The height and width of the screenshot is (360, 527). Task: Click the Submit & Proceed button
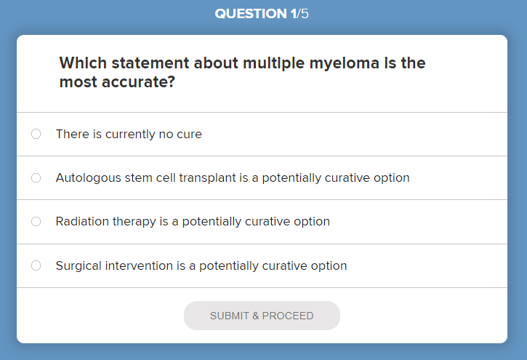point(262,316)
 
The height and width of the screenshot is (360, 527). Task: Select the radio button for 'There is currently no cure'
point(36,134)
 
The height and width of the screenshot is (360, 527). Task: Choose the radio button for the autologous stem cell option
point(36,177)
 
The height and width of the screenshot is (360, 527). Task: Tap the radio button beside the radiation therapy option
point(36,221)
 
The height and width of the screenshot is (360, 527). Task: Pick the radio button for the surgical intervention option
point(36,265)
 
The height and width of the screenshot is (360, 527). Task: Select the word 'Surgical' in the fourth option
point(79,265)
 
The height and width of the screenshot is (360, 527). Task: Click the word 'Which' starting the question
point(79,63)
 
